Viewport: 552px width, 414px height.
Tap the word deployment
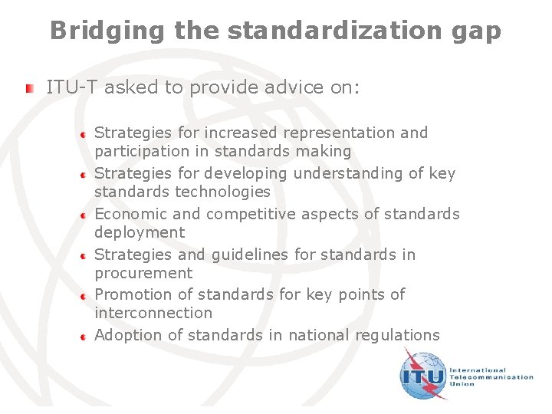coord(140,232)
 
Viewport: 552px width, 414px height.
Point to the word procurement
coord(143,273)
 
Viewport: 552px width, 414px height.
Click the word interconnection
coord(153,313)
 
